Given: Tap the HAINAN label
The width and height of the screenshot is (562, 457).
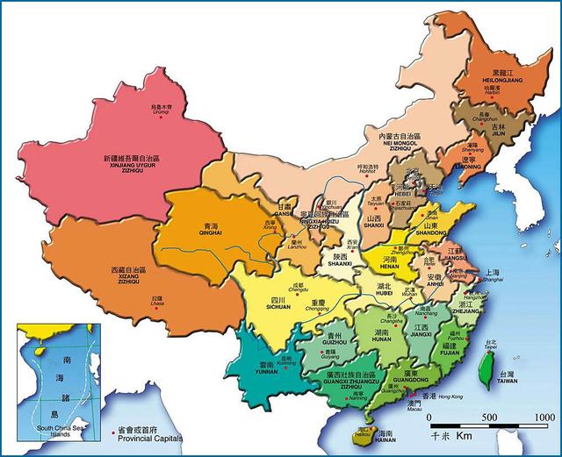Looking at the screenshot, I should (384, 441).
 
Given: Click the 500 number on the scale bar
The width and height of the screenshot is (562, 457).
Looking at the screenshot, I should (489, 417).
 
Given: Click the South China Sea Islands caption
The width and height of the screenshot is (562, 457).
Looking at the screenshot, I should (59, 430).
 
